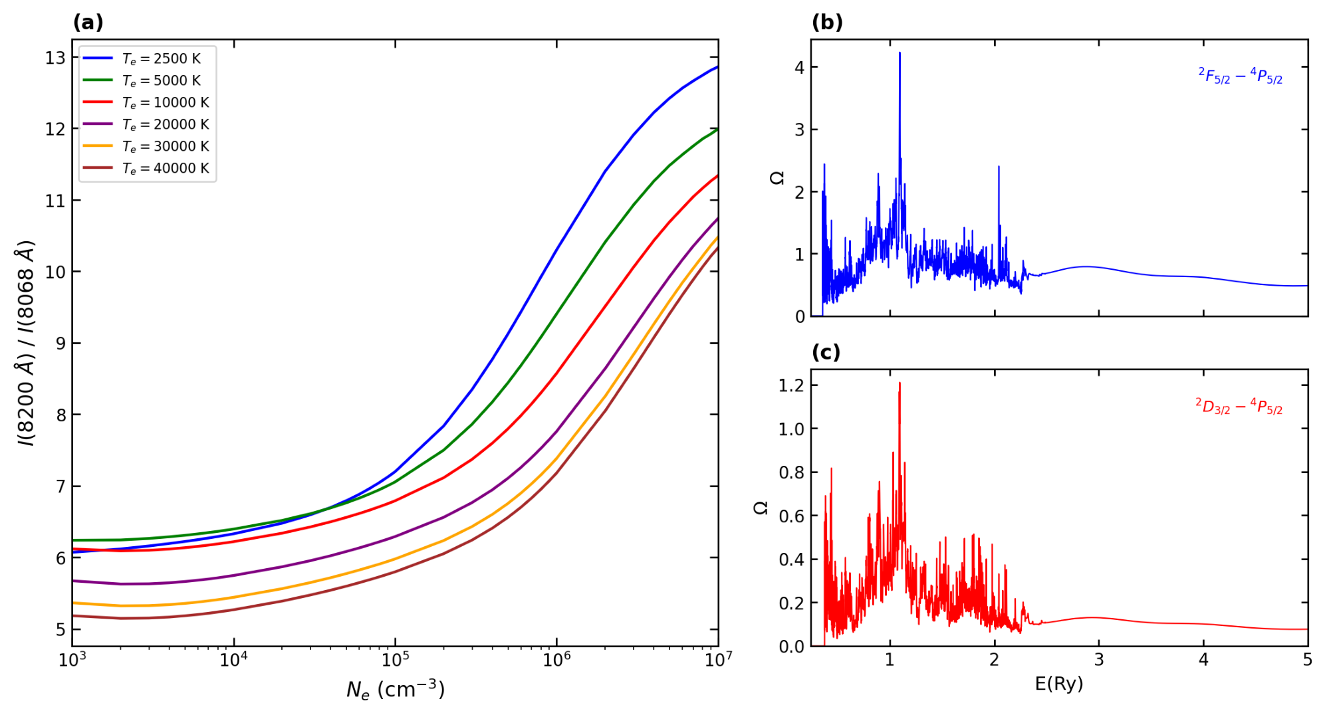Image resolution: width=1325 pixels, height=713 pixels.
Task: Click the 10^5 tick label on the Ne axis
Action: [395, 659]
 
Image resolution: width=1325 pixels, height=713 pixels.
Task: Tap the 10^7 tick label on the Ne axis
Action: [718, 659]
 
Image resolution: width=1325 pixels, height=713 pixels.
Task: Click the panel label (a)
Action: [88, 23]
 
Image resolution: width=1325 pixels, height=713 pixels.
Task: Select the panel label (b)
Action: [827, 23]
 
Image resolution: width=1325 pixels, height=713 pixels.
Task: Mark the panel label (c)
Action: [826, 352]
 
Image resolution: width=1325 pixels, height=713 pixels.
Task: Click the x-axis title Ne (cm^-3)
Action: [396, 690]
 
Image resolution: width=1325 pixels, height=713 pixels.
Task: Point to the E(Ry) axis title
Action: [1059, 684]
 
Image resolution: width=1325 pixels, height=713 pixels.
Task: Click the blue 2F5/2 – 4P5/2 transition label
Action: [1240, 76]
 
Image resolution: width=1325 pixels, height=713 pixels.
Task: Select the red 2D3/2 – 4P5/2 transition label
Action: [1239, 406]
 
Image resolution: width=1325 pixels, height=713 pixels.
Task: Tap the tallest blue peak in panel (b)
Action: [900, 53]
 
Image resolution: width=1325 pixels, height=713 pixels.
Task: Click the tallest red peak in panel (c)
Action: [900, 383]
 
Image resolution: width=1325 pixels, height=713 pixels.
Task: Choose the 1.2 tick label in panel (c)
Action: [791, 385]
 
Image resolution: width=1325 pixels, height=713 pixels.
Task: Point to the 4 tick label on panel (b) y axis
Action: [799, 67]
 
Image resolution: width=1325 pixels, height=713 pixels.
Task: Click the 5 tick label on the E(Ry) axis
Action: [1307, 659]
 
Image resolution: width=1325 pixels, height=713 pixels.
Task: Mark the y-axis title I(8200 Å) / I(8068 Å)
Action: [26, 343]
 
